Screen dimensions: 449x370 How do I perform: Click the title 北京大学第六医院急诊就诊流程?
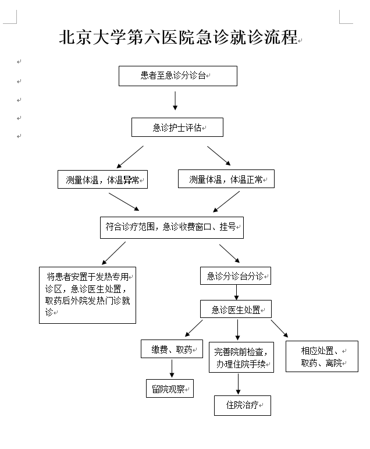tap(179, 38)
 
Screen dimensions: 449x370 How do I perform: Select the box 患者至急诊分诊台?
tap(177, 76)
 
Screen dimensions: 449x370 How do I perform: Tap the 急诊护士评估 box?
tap(177, 128)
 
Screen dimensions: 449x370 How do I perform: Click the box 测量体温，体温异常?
tap(102, 180)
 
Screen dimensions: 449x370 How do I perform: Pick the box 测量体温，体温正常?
tap(226, 179)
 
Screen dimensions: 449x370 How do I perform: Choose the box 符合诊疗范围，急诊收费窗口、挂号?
tap(171, 227)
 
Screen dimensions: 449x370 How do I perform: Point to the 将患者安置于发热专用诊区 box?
tap(87, 294)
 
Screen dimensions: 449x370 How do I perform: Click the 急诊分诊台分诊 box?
tap(235, 275)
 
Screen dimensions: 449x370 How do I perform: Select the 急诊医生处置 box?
tap(236, 309)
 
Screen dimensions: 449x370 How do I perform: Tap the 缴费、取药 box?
tap(172, 349)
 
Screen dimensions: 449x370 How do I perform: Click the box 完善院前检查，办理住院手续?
tap(241, 358)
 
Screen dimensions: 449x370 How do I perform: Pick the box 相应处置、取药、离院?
tap(321, 356)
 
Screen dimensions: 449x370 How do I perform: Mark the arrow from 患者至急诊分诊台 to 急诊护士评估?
tap(175, 100)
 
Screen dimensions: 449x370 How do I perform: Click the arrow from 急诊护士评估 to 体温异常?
tap(130, 156)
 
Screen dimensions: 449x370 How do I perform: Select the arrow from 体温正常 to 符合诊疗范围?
tap(227, 201)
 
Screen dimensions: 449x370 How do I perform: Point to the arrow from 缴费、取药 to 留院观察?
tap(172, 369)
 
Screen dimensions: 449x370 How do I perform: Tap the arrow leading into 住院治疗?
tap(238, 384)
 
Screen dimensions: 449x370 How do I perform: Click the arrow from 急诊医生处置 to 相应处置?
tap(279, 328)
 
